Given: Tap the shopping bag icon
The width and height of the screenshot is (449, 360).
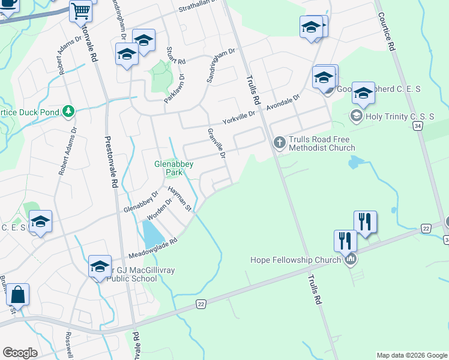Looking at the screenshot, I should tap(18, 295).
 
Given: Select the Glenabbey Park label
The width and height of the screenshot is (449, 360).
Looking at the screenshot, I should tap(168, 167).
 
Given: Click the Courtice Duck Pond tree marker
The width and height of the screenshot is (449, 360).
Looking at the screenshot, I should tap(69, 111).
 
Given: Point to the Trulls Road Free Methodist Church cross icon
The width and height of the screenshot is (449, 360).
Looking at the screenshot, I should tap(279, 142).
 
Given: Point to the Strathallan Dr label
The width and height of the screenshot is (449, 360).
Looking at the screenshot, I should tap(200, 8).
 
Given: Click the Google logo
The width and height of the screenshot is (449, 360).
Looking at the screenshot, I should tap(20, 353).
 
